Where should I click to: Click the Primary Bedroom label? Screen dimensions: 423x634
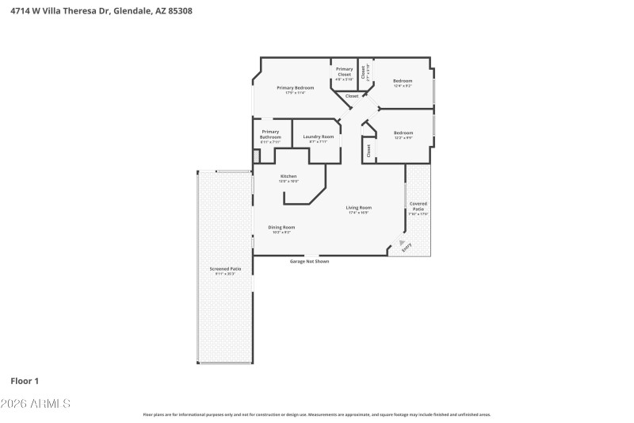click(295, 87)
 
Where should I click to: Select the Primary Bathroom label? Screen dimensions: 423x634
click(270, 134)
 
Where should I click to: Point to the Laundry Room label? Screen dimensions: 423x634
click(318, 137)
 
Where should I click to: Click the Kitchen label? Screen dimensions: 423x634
click(288, 175)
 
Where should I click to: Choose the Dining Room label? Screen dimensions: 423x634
click(281, 227)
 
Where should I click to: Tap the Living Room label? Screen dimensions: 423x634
click(358, 208)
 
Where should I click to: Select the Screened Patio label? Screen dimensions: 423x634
click(225, 269)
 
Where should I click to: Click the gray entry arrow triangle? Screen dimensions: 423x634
click(402, 241)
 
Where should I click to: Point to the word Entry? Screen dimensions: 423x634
click(407, 247)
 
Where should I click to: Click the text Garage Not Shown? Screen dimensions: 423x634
click(308, 261)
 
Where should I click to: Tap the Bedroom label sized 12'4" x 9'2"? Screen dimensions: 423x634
click(403, 81)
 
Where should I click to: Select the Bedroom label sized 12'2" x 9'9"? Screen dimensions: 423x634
click(403, 133)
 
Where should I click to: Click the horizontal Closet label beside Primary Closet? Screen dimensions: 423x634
click(351, 96)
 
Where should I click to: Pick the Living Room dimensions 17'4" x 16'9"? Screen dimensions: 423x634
click(358, 213)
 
